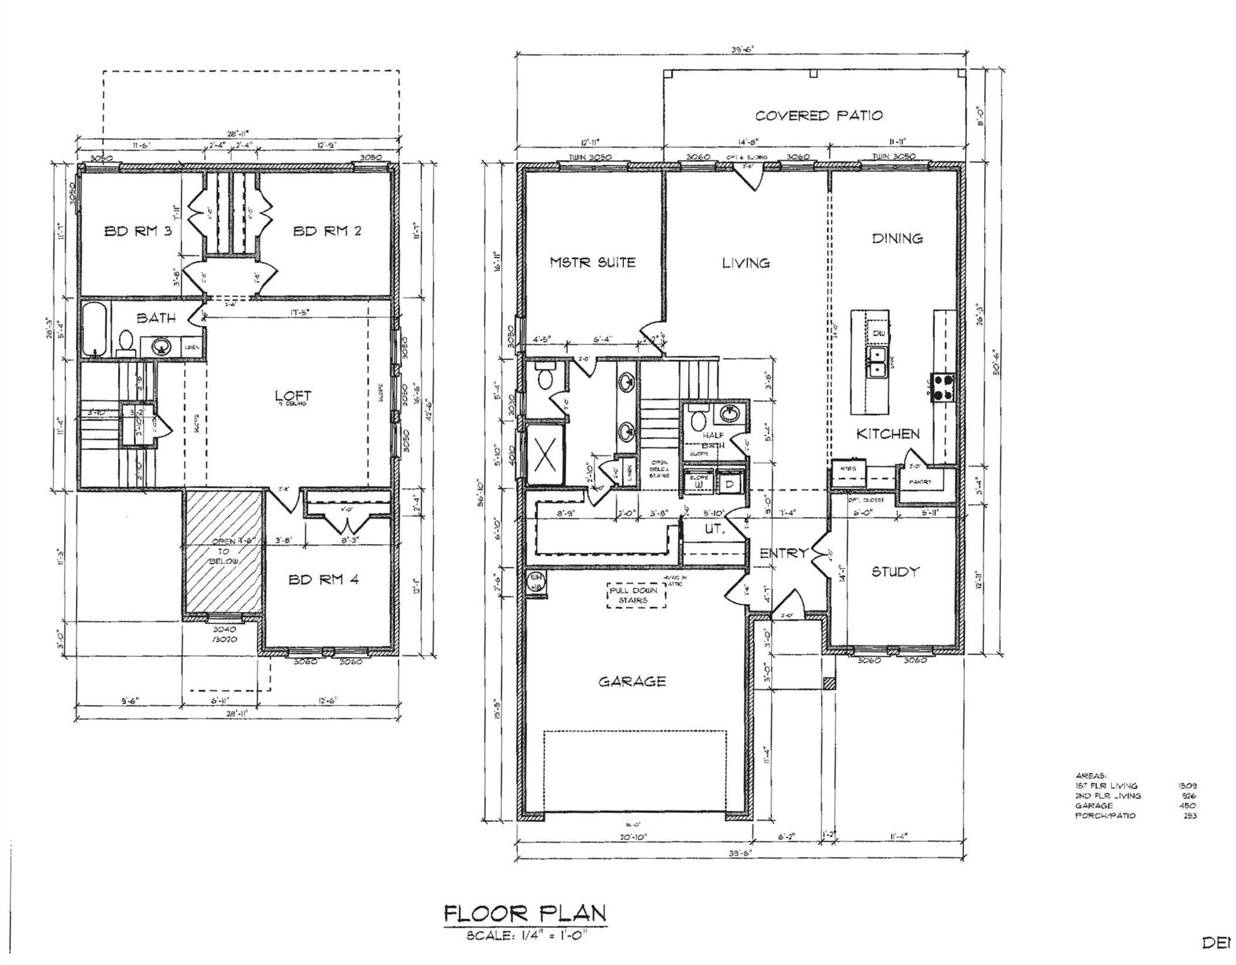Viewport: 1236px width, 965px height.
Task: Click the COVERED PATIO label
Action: click(x=818, y=116)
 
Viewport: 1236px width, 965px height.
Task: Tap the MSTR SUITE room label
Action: click(x=593, y=263)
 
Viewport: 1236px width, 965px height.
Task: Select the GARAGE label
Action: click(x=632, y=682)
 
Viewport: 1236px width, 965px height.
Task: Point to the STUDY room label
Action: click(x=895, y=572)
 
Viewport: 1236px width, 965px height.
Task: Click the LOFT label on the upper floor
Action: click(x=293, y=396)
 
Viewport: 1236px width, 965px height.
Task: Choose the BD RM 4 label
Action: click(x=324, y=579)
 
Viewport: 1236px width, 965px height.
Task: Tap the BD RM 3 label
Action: click(x=138, y=231)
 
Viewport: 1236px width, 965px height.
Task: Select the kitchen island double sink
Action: click(x=877, y=363)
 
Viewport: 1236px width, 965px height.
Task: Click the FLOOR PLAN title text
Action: click(x=525, y=914)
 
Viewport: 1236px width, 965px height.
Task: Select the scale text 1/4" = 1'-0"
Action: click(x=527, y=936)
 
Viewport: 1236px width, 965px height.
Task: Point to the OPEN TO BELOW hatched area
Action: click(x=223, y=551)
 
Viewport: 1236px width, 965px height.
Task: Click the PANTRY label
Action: click(x=919, y=482)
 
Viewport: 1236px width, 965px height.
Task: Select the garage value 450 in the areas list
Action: click(x=1188, y=805)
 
